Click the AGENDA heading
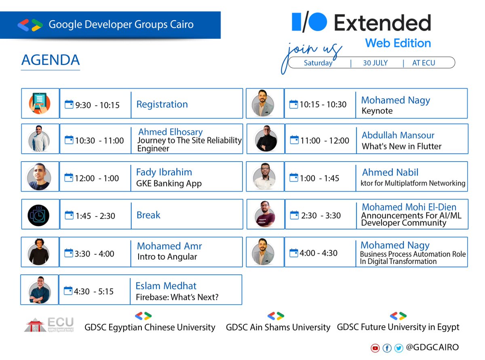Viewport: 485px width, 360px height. point(51,60)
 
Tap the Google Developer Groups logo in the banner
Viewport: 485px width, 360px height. point(30,25)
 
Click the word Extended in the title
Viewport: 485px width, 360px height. point(382,23)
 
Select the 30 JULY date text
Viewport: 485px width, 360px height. point(375,63)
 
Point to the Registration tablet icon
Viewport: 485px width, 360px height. point(40,103)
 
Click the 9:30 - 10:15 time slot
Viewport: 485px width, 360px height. point(97,105)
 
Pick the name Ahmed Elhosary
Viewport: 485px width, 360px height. point(171,132)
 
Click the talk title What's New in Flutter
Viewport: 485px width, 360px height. point(402,146)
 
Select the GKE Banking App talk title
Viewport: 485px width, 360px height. point(169,183)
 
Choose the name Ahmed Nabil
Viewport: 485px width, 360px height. point(390,173)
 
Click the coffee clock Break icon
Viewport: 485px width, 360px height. point(39,215)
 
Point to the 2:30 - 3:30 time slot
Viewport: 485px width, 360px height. point(321,216)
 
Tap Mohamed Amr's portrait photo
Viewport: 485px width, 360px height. point(39,252)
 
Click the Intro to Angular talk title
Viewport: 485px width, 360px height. point(167,257)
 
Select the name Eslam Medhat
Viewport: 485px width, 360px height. point(166,286)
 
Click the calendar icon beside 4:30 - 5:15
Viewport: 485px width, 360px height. point(68,291)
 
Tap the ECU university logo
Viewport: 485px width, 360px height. point(49,325)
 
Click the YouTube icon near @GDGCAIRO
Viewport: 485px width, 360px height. point(375,348)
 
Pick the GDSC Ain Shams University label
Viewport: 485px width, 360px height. point(278,327)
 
